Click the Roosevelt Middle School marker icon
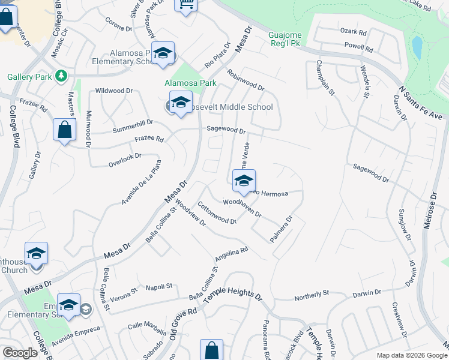181,103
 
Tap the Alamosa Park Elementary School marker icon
163,53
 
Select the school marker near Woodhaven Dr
244,181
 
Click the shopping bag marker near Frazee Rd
64,130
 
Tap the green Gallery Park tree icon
61,76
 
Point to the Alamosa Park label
190,83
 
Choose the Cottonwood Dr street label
217,212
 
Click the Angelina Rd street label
231,255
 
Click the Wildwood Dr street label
113,91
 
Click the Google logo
20,353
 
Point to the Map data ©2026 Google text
411,355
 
